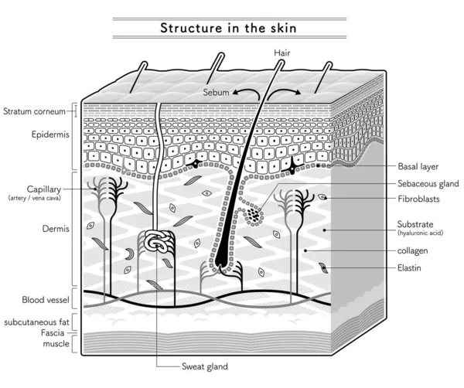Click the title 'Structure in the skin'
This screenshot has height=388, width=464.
pyautogui.click(x=228, y=28)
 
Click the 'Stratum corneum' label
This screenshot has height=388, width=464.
pyautogui.click(x=34, y=111)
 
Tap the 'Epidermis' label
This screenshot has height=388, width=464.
pyautogui.click(x=50, y=134)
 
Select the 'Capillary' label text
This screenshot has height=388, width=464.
pyautogui.click(x=44, y=189)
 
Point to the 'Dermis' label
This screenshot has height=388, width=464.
pyautogui.click(x=56, y=229)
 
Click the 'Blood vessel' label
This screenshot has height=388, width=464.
pyautogui.click(x=46, y=300)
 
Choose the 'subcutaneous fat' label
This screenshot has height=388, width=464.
pyautogui.click(x=36, y=322)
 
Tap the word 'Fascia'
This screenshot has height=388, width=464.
pyautogui.click(x=53, y=333)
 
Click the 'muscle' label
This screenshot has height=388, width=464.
pyautogui.click(x=56, y=344)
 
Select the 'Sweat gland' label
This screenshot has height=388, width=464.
pyautogui.click(x=205, y=366)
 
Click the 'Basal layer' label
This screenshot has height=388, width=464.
pyautogui.click(x=418, y=166)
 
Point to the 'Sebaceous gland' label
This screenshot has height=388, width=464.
pyautogui.click(x=428, y=184)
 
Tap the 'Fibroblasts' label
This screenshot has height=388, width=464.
pyautogui.click(x=418, y=199)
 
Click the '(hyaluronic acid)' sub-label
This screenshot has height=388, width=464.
pyautogui.click(x=420, y=233)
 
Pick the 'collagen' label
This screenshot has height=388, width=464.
pyautogui.click(x=412, y=250)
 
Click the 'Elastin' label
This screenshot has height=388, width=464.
pyautogui.click(x=409, y=268)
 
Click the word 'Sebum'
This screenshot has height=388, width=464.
pyautogui.click(x=216, y=93)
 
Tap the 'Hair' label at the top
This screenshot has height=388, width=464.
pyautogui.click(x=282, y=53)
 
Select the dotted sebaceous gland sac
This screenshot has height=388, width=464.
pyautogui.click(x=254, y=216)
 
